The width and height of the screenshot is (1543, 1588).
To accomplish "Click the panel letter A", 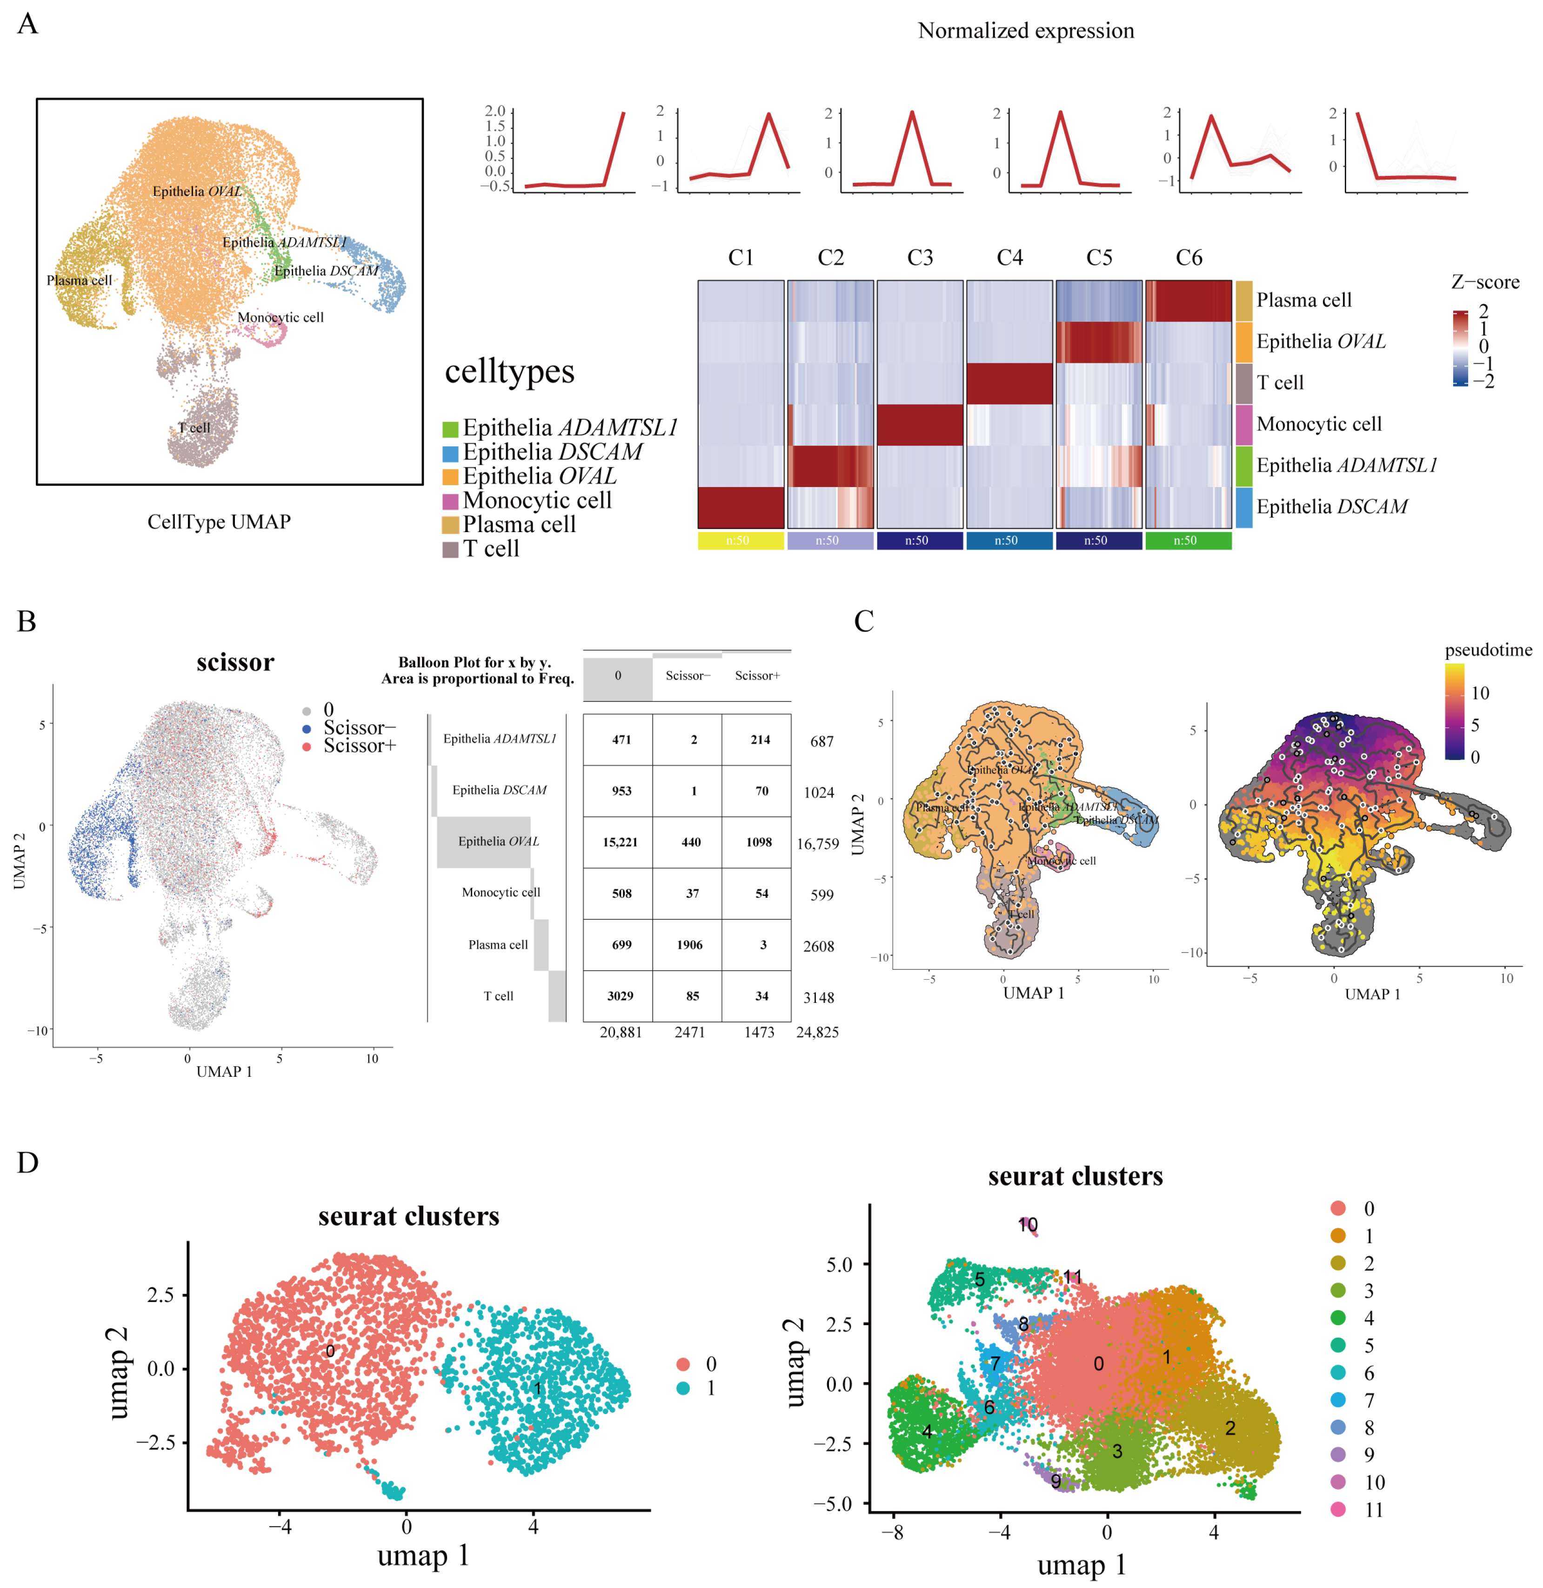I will pyautogui.click(x=27, y=24).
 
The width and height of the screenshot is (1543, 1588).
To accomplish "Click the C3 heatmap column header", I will pyautogui.click(x=920, y=258).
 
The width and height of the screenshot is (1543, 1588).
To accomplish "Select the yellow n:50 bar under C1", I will pyautogui.click(x=740, y=540).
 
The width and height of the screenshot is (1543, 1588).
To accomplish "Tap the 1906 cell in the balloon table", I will pyautogui.click(x=690, y=945).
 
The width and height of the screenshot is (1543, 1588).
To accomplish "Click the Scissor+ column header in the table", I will pyautogui.click(x=757, y=676).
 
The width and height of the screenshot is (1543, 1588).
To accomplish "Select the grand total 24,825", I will pyautogui.click(x=817, y=1032).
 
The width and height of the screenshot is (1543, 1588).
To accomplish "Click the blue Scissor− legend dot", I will pyautogui.click(x=307, y=728).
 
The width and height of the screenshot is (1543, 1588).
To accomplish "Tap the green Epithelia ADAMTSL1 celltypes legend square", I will pyautogui.click(x=451, y=428).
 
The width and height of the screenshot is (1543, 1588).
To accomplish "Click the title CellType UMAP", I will pyautogui.click(x=219, y=522).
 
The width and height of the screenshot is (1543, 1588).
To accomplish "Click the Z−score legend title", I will pyautogui.click(x=1485, y=282).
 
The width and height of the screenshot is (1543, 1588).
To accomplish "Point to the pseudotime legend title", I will pyautogui.click(x=1488, y=650).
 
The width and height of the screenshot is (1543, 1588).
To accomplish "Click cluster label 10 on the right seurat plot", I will pyautogui.click(x=1028, y=1225).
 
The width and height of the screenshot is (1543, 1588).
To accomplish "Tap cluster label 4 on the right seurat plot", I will pyautogui.click(x=927, y=1432).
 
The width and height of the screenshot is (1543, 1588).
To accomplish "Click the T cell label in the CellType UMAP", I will pyautogui.click(x=194, y=428).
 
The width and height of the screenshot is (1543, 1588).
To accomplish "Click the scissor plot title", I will pyautogui.click(x=235, y=663).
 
